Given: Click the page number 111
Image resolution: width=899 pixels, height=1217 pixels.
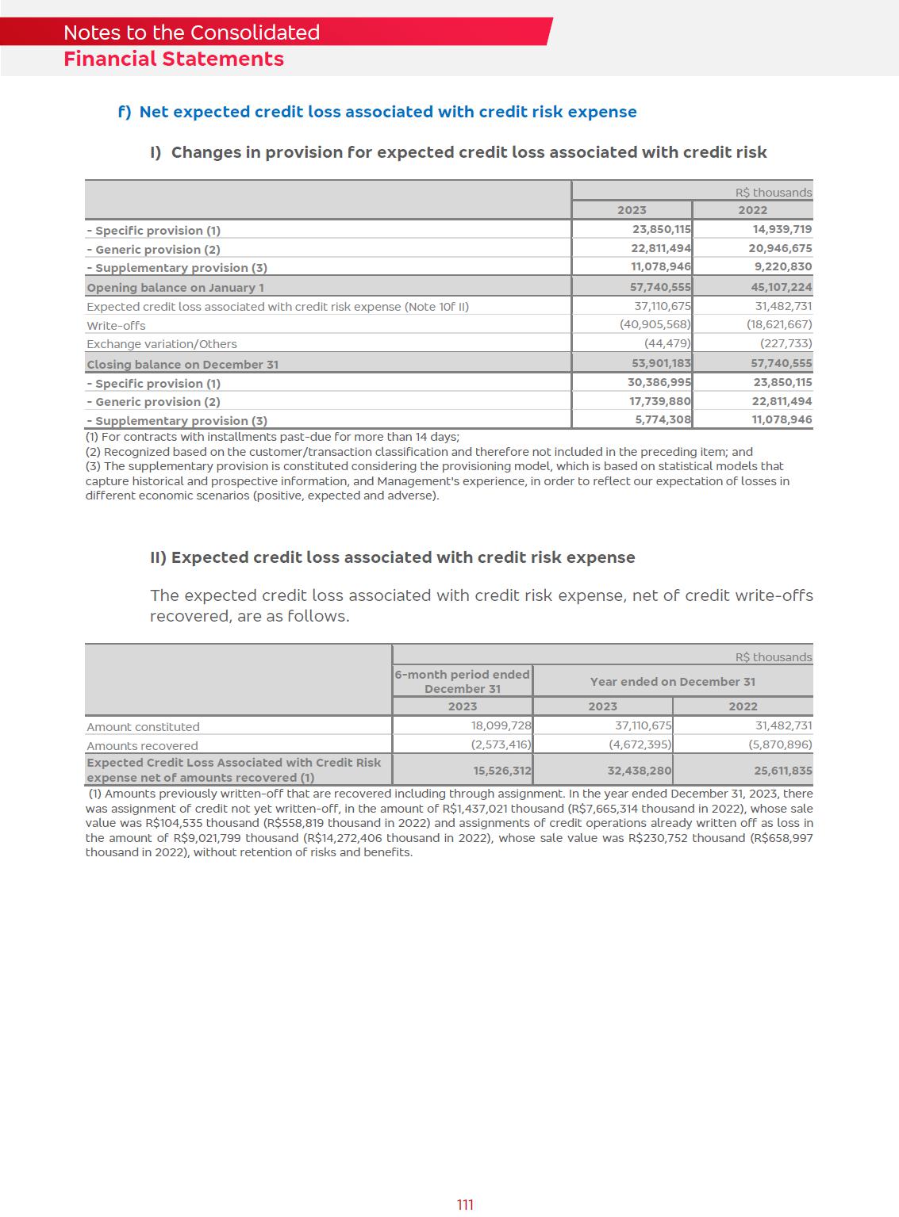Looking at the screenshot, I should [x=465, y=1204].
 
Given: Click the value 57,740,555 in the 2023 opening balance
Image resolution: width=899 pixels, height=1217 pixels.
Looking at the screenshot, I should [x=661, y=287].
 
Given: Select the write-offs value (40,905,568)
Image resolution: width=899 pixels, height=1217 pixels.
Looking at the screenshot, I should [x=655, y=324].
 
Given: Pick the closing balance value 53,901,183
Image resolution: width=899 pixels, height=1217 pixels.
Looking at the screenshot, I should [x=661, y=363].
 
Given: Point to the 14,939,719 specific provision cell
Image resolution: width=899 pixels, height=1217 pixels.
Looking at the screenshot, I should [x=782, y=229].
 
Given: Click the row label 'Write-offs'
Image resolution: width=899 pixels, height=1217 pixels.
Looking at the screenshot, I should [x=116, y=326].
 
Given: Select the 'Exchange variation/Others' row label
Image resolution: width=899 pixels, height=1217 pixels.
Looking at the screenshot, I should [x=162, y=344].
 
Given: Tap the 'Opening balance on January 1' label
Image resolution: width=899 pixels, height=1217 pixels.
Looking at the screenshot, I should [x=175, y=288].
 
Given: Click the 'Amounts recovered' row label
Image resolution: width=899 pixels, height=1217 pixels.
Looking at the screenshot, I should [x=142, y=746].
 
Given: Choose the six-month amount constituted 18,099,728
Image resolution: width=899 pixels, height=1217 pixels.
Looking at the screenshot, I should [x=501, y=725].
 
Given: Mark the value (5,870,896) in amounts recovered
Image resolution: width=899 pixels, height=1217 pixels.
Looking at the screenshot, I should [x=780, y=744].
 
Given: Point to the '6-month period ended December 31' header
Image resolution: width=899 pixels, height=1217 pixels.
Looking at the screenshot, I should [x=463, y=682].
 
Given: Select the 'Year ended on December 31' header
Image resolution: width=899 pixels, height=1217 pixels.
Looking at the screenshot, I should [x=673, y=682].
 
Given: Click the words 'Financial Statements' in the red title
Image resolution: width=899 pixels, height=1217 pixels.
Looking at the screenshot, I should [x=174, y=59].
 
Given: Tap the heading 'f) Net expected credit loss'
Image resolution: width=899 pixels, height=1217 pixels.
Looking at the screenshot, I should [x=377, y=112].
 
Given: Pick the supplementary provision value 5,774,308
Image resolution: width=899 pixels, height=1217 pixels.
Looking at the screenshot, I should [x=663, y=419].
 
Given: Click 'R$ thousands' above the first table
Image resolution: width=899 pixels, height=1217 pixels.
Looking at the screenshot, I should [x=774, y=193].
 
